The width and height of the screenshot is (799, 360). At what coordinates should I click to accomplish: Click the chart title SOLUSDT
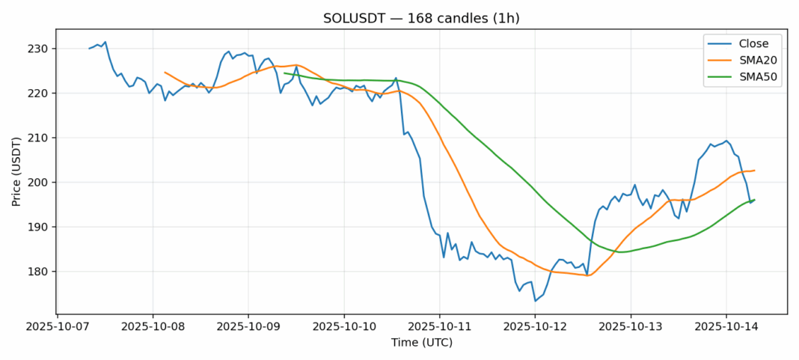click(x=421, y=18)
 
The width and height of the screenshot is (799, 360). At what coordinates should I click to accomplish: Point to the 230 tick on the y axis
click(x=40, y=49)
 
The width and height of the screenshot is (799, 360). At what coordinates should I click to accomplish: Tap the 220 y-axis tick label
click(x=40, y=94)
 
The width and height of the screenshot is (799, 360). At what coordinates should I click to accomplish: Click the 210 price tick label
click(x=40, y=138)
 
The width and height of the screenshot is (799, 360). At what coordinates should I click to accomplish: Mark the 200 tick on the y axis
click(x=40, y=183)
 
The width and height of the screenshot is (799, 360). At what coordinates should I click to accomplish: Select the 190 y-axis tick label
click(x=40, y=227)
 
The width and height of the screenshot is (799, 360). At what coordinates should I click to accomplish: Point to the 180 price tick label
click(x=40, y=272)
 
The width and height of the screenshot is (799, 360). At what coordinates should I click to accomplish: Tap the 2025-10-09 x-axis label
click(x=248, y=327)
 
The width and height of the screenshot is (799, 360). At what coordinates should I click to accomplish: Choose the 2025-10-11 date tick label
click(x=440, y=327)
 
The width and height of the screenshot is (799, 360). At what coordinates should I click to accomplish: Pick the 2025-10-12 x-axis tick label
click(x=536, y=327)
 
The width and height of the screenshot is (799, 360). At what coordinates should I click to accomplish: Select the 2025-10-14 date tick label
click(x=726, y=327)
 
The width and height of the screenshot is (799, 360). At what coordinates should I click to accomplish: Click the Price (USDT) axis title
click(x=16, y=171)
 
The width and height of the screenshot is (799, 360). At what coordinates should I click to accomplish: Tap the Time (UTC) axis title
click(x=421, y=343)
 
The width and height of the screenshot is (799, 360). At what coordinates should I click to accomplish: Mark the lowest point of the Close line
click(x=535, y=301)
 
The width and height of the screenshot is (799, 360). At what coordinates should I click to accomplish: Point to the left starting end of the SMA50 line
click(x=284, y=73)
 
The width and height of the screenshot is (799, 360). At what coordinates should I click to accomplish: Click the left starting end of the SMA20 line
click(x=165, y=72)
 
